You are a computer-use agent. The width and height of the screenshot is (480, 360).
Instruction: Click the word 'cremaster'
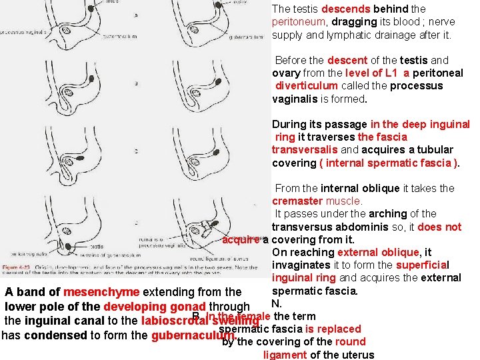tap(299, 201)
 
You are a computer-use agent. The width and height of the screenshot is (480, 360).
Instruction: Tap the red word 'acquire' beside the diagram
tap(241, 240)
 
